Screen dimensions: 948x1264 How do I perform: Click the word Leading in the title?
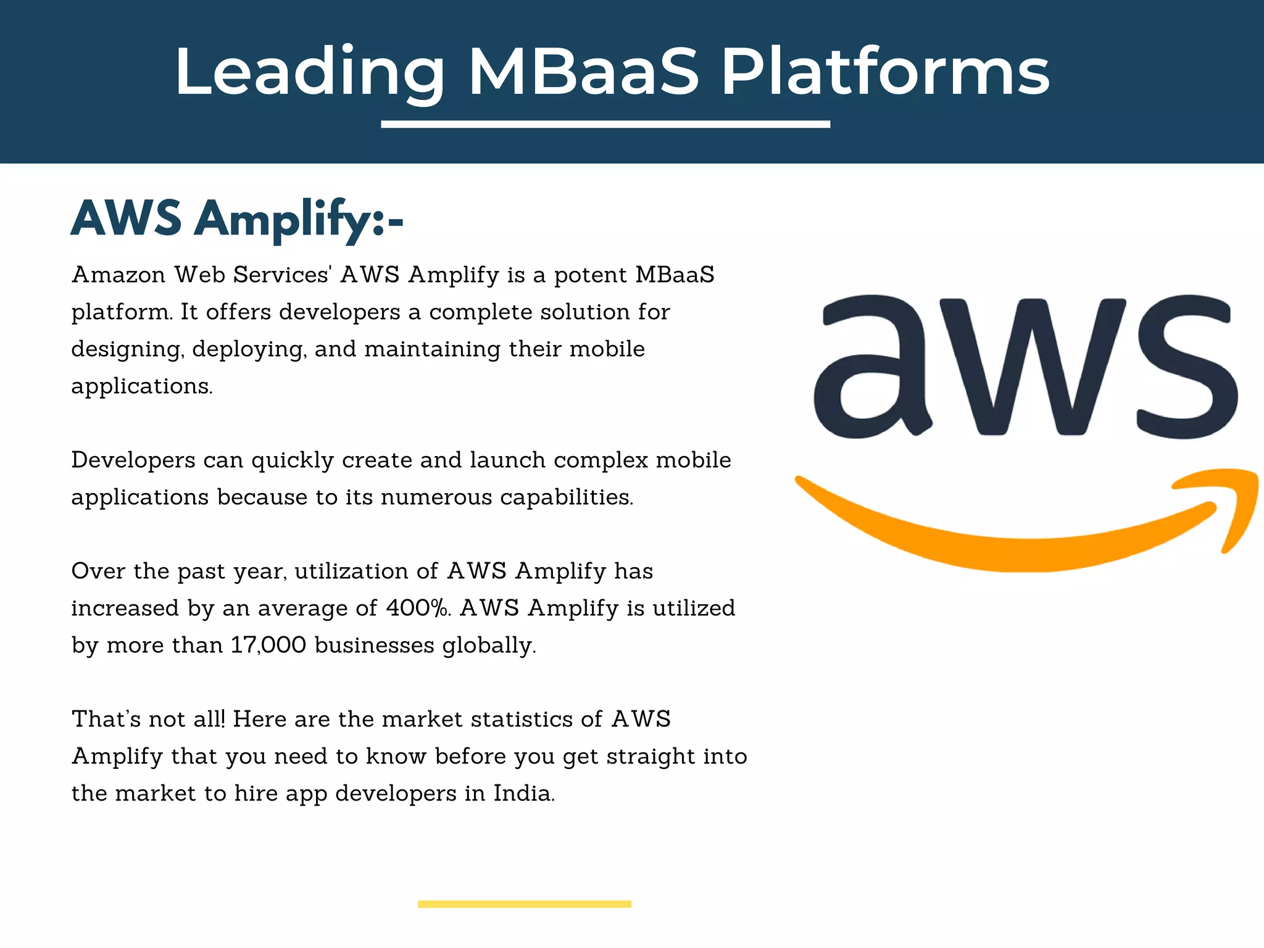[309, 72]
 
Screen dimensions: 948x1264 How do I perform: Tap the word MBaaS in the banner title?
[584, 72]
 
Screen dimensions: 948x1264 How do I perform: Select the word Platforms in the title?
[885, 72]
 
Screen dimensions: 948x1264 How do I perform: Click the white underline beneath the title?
[605, 125]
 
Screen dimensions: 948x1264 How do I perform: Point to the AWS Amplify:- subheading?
[238, 219]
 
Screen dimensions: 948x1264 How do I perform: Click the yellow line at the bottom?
[525, 904]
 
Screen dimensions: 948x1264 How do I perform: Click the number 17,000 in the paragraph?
[268, 645]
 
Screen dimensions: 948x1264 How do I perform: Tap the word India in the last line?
[523, 793]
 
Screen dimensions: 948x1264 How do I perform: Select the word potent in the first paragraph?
[590, 275]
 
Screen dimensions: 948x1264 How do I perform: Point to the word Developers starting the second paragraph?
[133, 460]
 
